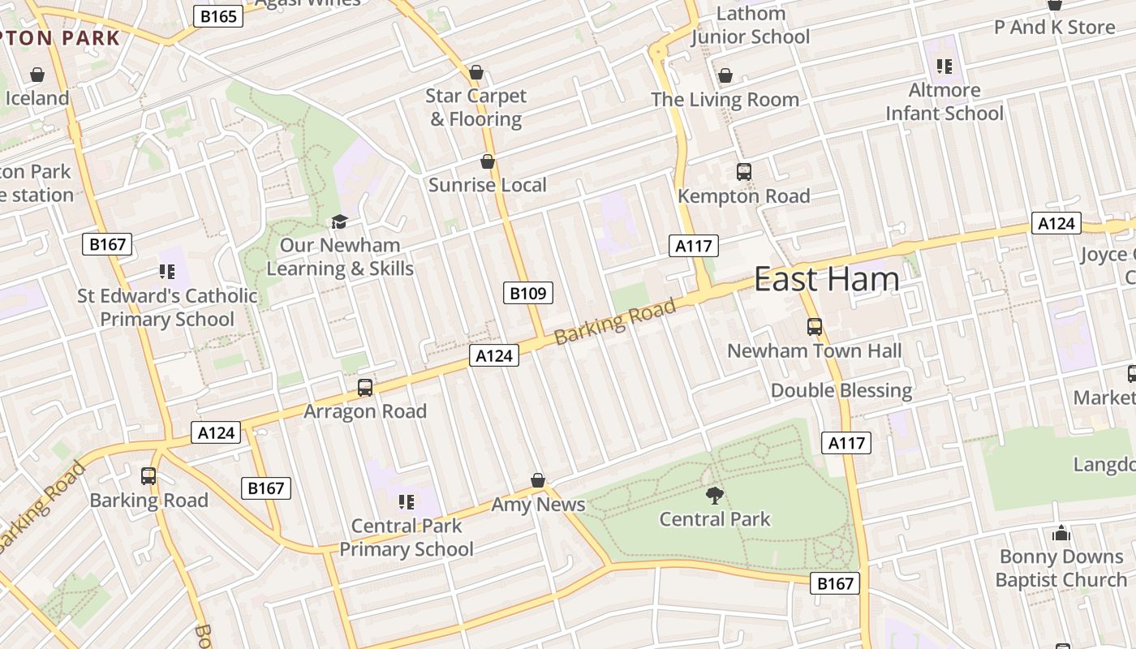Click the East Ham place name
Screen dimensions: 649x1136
click(x=826, y=279)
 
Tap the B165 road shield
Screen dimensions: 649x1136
click(x=218, y=15)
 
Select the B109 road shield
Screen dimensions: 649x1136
click(x=527, y=293)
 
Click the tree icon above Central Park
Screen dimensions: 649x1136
click(x=715, y=495)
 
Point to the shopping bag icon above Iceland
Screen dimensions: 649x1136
click(x=37, y=75)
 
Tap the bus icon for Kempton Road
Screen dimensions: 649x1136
click(x=743, y=172)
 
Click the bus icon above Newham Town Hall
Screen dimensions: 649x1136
click(x=815, y=327)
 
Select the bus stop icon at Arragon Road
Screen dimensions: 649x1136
click(x=365, y=388)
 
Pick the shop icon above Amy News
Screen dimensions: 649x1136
click(x=537, y=480)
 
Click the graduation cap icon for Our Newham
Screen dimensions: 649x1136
click(x=339, y=221)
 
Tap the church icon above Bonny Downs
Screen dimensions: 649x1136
click(x=1061, y=533)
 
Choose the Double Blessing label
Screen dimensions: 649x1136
click(x=841, y=390)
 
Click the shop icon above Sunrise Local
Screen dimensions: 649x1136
click(x=488, y=161)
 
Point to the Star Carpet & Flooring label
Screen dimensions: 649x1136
click(x=476, y=107)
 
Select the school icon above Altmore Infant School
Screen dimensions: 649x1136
click(x=944, y=66)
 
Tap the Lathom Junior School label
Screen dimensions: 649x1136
click(x=751, y=25)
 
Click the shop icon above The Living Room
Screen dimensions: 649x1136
click(x=725, y=75)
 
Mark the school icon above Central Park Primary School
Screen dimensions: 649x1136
click(x=407, y=501)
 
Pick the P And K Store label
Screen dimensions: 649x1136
click(x=1055, y=28)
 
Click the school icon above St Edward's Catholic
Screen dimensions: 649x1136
click(x=167, y=272)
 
